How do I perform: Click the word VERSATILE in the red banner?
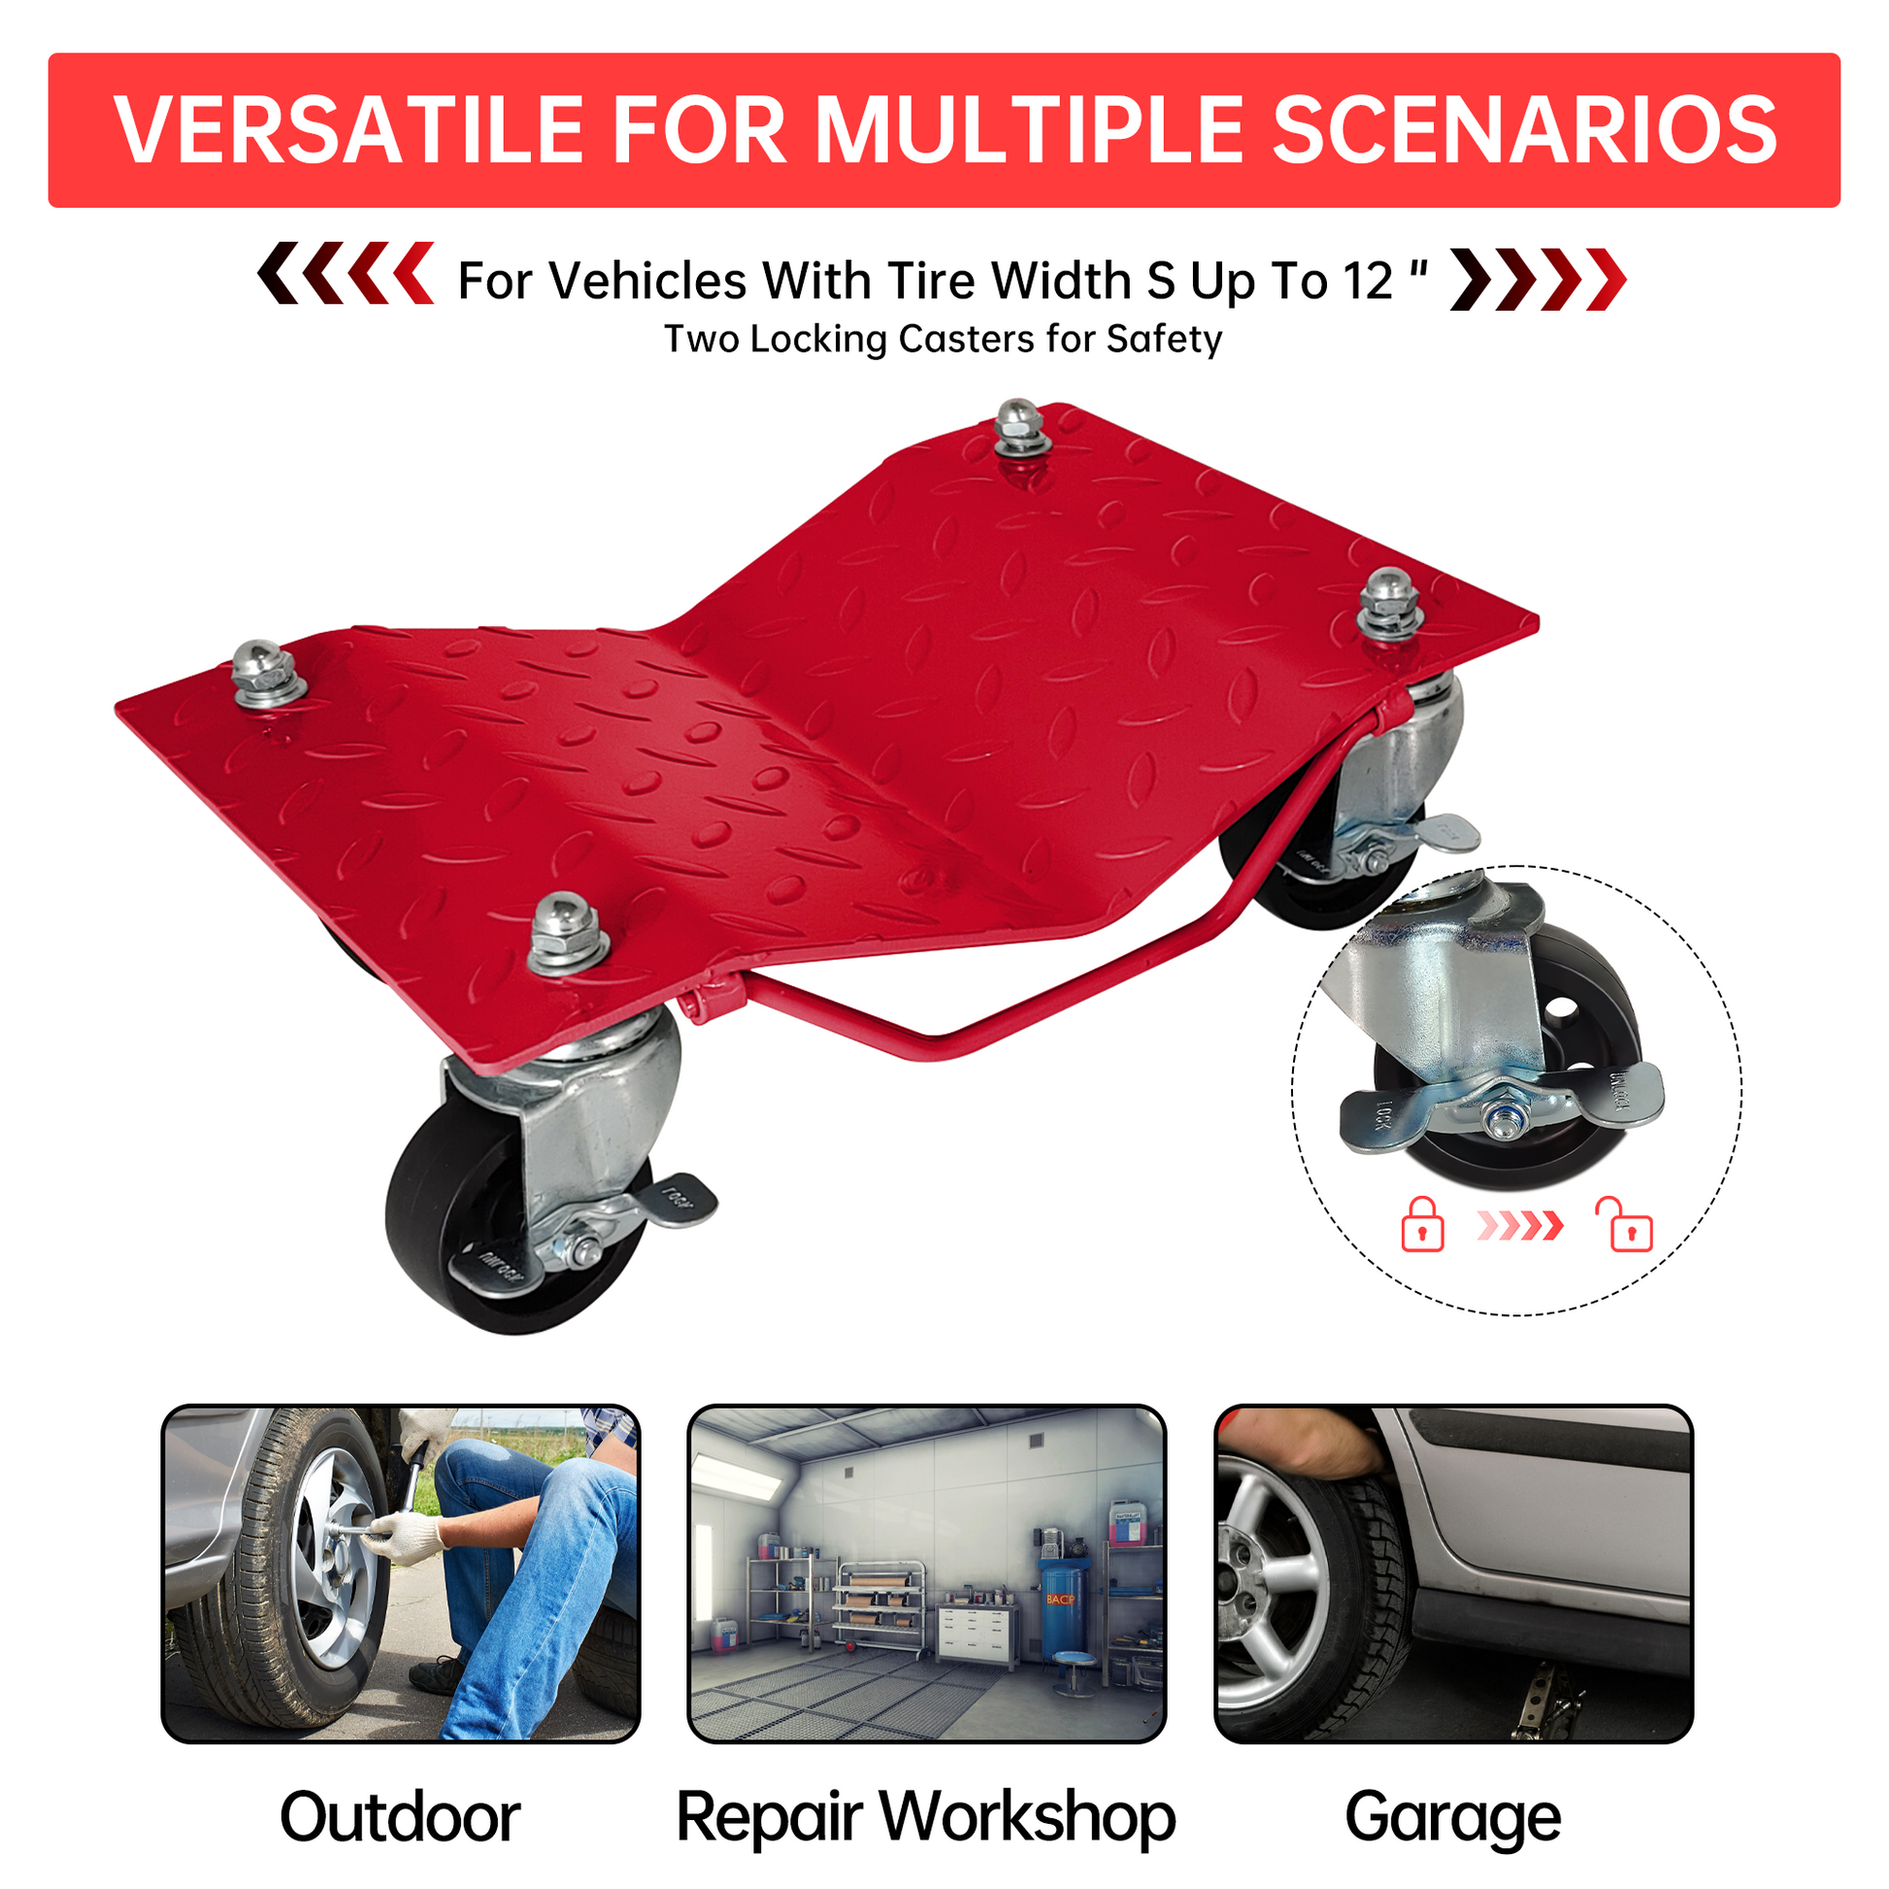[x=349, y=130]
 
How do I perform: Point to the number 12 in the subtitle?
[x=1367, y=282]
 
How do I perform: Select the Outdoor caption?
[x=400, y=1817]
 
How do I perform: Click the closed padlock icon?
[x=1423, y=1224]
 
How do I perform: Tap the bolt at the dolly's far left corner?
[x=266, y=673]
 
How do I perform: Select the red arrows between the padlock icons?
[x=1520, y=1224]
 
